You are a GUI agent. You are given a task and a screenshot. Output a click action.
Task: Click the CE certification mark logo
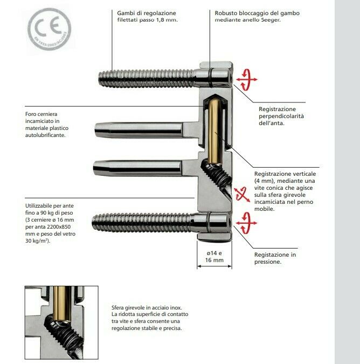point(50,29)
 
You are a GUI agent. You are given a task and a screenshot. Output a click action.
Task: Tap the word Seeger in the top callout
point(271,20)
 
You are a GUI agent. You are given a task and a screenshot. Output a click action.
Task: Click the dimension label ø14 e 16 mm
point(214,257)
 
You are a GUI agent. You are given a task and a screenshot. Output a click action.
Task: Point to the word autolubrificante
point(45,135)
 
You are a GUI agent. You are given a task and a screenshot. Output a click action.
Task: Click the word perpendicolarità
point(281,116)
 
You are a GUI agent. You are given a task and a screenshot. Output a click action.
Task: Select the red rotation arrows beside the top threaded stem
point(247,80)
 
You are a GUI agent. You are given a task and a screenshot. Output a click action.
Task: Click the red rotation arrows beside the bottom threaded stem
point(246,223)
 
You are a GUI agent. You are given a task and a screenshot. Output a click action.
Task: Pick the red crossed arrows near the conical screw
point(241,194)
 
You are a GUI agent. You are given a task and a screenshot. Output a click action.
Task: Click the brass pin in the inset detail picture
point(62,304)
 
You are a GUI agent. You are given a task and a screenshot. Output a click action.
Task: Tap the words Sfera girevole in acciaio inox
point(147,307)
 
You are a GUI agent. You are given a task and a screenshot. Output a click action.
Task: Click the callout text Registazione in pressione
point(275,258)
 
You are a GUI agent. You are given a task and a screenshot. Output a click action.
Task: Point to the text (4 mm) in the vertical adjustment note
point(265,181)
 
